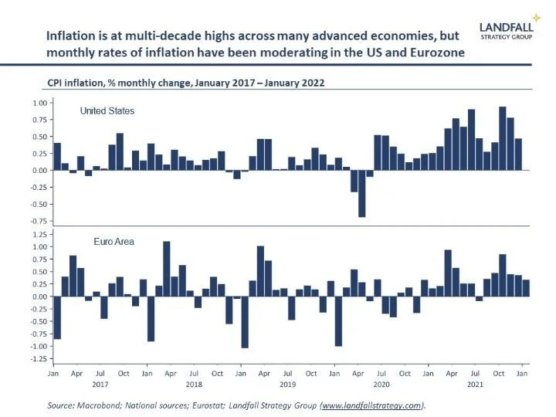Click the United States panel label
coord(107,111)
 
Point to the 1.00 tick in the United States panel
coord(39,103)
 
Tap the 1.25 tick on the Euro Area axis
coord(39,233)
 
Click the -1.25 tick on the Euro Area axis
coord(38,358)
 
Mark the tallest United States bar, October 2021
coord(503,138)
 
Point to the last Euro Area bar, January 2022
coord(527,288)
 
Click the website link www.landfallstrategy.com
coord(372,405)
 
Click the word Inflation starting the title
coord(70,36)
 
